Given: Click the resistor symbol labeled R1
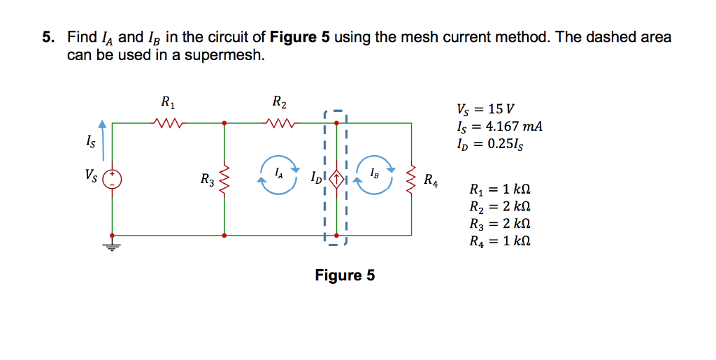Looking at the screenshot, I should (x=168, y=123).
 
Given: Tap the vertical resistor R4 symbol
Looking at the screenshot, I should (x=411, y=179).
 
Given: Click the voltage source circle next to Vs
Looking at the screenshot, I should (x=112, y=179).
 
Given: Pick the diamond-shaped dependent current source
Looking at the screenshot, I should (x=336, y=179).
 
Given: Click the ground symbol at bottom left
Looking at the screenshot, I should (x=112, y=246).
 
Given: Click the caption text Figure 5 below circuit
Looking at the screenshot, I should (x=345, y=275).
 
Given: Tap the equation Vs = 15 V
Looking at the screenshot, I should (x=485, y=110).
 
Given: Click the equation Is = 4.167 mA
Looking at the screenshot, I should (x=499, y=127).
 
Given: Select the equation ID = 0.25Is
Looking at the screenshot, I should (x=490, y=144).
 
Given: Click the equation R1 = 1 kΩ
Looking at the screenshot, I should (x=500, y=189).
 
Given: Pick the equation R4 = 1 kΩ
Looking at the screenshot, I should (x=500, y=242).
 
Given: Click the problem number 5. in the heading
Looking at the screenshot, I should (x=48, y=37).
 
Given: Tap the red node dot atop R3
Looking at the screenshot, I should (x=224, y=123).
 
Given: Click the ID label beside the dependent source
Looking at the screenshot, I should (x=316, y=180).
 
